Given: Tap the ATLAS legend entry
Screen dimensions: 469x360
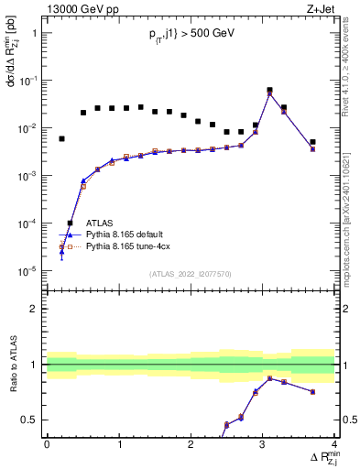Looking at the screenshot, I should pyautogui.click(x=100, y=223).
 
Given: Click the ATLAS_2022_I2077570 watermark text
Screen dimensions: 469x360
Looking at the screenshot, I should pyautogui.click(x=191, y=273).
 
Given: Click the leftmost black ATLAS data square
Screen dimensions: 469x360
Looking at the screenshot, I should pyautogui.click(x=61, y=139).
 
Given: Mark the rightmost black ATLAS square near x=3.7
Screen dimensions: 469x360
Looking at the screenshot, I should pyautogui.click(x=312, y=142).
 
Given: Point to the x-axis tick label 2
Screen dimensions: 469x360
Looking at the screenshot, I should pyautogui.click(x=191, y=443).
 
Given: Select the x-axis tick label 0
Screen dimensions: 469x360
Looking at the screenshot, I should pyautogui.click(x=47, y=443).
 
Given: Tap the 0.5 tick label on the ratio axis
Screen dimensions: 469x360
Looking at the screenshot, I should pyautogui.click(x=29, y=420).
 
